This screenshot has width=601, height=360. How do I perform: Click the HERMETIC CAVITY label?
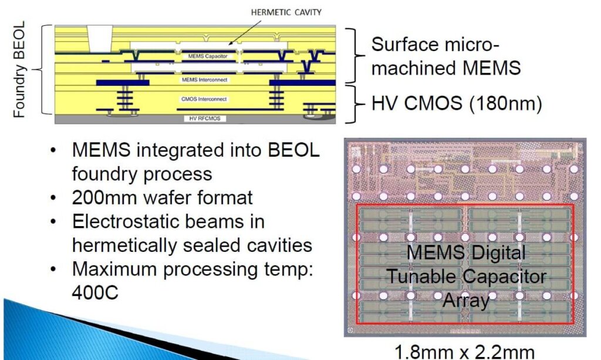click(286, 12)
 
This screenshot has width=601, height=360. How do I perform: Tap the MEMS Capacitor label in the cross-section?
click(208, 56)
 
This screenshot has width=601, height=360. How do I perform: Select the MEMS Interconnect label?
click(205, 80)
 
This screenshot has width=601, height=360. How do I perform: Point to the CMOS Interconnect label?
click(204, 99)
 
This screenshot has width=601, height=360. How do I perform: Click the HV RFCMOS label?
click(205, 119)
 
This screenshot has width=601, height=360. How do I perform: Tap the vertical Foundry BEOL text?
click(19, 69)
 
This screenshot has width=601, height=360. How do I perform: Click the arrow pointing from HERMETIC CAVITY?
click(245, 32)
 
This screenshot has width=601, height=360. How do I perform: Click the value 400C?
click(95, 293)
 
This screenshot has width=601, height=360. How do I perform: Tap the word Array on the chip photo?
click(466, 300)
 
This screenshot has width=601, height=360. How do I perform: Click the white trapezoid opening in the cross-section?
click(100, 38)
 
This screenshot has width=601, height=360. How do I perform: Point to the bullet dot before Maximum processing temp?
click(53, 269)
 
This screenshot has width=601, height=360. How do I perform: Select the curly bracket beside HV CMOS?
click(355, 103)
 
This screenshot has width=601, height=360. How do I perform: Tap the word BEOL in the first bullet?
click(294, 150)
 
